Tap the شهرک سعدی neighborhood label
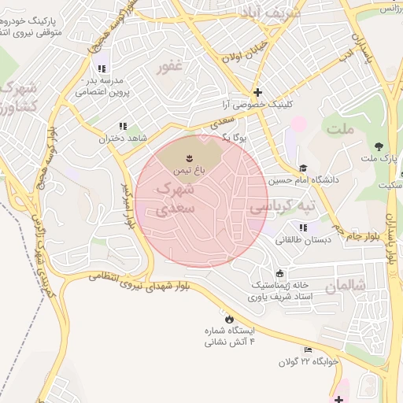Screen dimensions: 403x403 (173, 199)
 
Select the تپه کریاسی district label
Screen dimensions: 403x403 (282, 206)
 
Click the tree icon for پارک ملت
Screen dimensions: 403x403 (379, 146)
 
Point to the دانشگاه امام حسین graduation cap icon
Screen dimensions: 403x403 (303, 168)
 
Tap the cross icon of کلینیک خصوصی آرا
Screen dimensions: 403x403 (257, 92)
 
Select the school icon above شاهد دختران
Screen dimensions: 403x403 (122, 126)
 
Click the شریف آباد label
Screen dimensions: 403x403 (273, 13)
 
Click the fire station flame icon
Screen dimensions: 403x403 (229, 320)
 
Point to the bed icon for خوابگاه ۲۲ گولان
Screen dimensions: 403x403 (308, 350)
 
